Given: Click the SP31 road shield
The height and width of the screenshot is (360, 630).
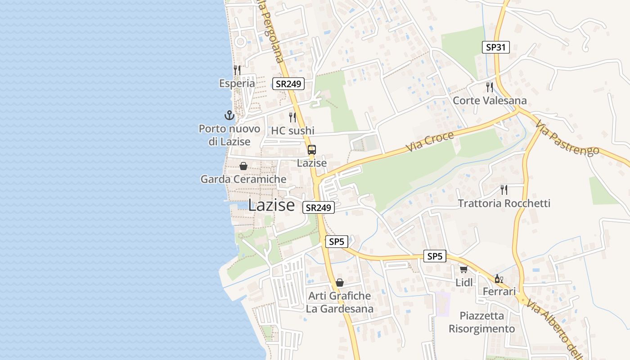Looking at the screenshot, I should click(495, 47).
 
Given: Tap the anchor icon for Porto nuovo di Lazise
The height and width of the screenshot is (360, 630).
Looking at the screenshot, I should click(229, 115).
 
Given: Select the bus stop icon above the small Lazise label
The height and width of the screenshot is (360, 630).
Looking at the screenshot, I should click(311, 150).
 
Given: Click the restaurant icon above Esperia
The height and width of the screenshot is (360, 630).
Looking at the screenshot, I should click(237, 70).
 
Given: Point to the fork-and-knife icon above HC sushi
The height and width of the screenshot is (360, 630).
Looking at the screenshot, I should click(292, 117).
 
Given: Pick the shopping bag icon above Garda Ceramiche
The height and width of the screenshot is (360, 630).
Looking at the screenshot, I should click(243, 166).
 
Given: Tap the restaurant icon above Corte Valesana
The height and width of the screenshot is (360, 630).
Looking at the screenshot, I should click(490, 87).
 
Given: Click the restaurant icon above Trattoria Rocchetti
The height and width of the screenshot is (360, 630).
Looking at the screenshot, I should click(504, 190).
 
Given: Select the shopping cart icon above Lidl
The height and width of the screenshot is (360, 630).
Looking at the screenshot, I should click(463, 270).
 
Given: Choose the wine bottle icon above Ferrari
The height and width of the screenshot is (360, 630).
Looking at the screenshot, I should click(499, 279).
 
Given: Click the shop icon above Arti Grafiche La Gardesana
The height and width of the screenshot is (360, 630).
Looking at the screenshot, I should click(340, 283).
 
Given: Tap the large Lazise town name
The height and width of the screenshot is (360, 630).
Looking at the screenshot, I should click(271, 205).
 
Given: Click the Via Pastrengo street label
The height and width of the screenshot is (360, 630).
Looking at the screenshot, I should click(568, 136).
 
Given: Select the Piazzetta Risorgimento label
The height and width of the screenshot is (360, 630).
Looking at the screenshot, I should click(481, 322).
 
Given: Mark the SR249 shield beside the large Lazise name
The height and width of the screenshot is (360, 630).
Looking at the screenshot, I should click(318, 207).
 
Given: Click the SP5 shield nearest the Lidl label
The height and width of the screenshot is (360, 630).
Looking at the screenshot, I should click(435, 256).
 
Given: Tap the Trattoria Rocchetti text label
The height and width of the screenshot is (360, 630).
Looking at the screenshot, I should click(504, 203).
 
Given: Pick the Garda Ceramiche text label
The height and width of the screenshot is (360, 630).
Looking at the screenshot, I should click(243, 179).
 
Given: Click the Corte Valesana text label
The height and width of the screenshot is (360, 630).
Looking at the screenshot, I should click(490, 100).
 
